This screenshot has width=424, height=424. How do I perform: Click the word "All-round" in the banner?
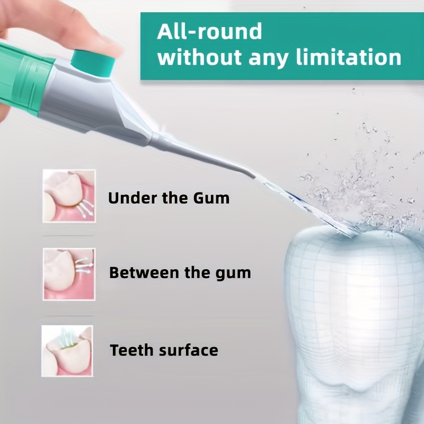coord(209,31)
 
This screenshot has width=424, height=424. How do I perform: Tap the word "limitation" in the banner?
coord(349,57)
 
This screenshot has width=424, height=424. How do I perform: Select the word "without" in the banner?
coord(200,57)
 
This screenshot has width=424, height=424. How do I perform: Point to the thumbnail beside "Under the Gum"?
coord(69,196)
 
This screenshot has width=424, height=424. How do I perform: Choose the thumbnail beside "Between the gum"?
coord(69,274)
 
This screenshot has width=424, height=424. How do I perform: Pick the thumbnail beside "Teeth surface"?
coord(67,351)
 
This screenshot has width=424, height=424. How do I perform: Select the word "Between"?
coord(144,272)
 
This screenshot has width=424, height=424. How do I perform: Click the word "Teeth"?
coord(132,350)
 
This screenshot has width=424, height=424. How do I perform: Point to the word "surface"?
coord(189,350)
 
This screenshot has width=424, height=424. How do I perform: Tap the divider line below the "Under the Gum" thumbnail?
coord(68,235)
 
